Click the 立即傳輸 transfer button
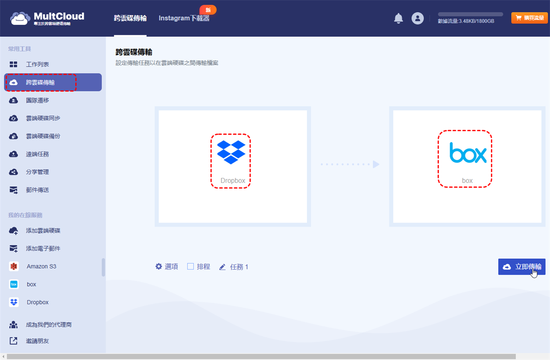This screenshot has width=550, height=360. pos(522,266)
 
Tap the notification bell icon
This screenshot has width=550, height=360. pos(398,18)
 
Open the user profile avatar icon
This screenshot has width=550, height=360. pos(418,18)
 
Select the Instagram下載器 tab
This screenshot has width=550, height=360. pos(184,18)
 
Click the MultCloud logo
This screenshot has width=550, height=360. pos(47,18)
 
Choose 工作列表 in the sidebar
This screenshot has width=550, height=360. pos(37,65)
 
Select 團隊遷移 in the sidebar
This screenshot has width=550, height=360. pos(37,100)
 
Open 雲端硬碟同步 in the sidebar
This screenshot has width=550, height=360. pos(43,118)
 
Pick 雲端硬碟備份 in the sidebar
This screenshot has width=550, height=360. pos(43,136)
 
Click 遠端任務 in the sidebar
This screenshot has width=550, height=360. pos(37,154)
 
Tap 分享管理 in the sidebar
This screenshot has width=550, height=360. pos(37,172)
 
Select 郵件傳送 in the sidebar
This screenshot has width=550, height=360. pos(37,190)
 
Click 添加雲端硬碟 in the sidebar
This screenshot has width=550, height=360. pos(43,231)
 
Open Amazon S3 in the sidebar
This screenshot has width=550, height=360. pos(41,266)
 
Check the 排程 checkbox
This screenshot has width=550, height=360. pos(191,266)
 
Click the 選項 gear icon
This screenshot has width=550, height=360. pos(159,266)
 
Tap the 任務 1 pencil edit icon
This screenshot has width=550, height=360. pos(223,267)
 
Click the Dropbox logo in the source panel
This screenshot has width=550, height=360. pos(231,152)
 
